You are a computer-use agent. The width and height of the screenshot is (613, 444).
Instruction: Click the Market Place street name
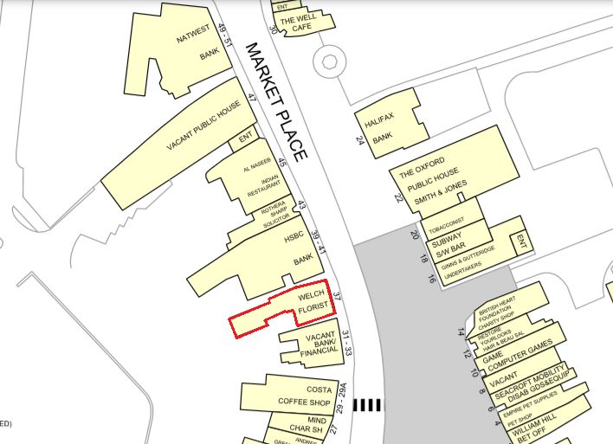pyautogui.click(x=275, y=102)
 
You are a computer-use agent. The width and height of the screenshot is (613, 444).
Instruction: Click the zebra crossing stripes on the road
pyautogui.click(x=367, y=404)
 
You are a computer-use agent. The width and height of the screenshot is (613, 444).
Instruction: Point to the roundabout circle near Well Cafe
pyautogui.click(x=329, y=61)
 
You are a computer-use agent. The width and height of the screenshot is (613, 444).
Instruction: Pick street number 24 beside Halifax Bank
pyautogui.click(x=359, y=139)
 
